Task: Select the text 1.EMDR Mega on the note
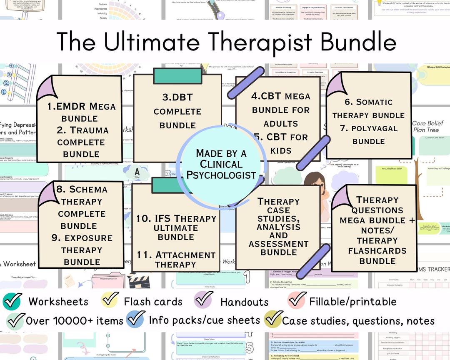point(81,106)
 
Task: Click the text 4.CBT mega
point(280,96)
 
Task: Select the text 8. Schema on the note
point(82,189)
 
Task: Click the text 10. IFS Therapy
point(176,218)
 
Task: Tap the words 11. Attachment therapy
point(176,259)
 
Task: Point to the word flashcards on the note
point(377,251)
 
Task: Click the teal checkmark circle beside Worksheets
point(12,301)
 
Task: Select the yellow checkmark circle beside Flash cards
point(110,300)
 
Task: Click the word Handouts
point(244,302)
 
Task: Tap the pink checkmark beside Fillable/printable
point(297,300)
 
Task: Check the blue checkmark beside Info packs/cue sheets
point(136,320)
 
